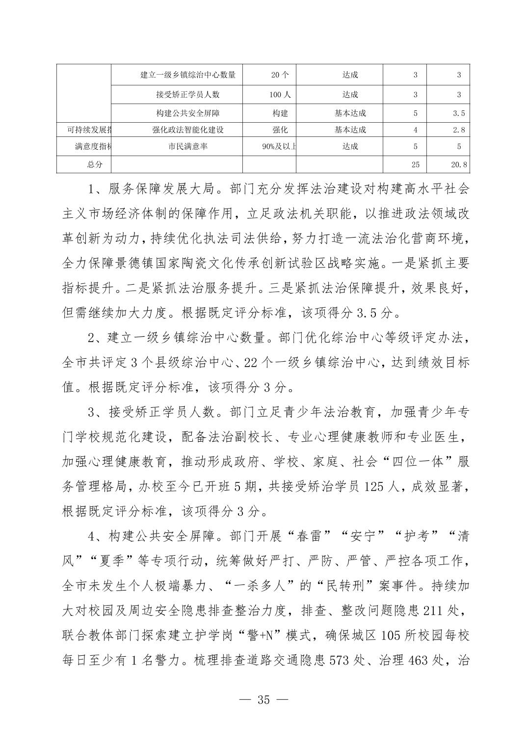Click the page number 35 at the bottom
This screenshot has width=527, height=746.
pyautogui.click(x=263, y=699)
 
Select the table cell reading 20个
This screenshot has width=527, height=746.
pyautogui.click(x=280, y=75)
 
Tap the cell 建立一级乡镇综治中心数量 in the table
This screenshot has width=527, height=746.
pyautogui.click(x=188, y=75)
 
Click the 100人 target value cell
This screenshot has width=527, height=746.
pyautogui.click(x=280, y=94)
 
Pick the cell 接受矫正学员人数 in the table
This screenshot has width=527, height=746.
pyautogui.click(x=188, y=94)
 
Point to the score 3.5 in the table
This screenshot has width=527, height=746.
pyautogui.click(x=459, y=113)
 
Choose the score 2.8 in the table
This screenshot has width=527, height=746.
pyautogui.click(x=459, y=130)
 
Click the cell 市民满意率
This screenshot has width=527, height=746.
pyautogui.click(x=187, y=146)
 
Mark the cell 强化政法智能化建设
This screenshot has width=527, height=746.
pyautogui.click(x=188, y=130)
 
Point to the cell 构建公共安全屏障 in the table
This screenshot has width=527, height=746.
pyautogui.click(x=188, y=113)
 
